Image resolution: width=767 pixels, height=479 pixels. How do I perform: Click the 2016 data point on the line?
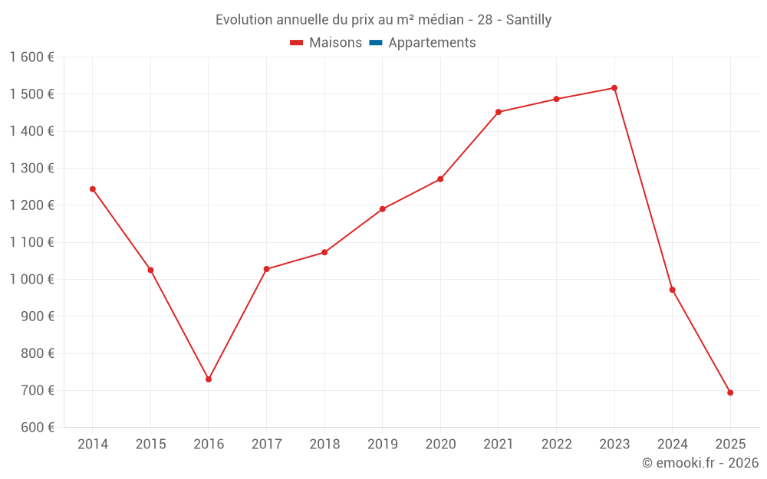coord(209,379)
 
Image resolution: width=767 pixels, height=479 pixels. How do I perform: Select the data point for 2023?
coord(614,88)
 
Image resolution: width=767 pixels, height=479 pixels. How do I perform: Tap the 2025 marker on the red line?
coord(730,392)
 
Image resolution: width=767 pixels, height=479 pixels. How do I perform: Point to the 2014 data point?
coord(93,189)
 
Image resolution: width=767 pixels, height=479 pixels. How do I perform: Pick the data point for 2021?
coord(499,112)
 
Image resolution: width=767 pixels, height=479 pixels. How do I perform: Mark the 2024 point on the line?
coord(673,290)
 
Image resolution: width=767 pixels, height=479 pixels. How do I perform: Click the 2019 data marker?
coord(383,208)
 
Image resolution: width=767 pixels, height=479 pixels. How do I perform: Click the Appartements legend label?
coord(432,43)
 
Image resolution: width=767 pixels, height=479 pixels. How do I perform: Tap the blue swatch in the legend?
coord(376,43)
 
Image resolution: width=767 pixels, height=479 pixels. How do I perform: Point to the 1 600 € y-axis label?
coord(31,57)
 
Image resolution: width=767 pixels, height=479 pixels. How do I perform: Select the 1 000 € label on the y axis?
coord(31,279)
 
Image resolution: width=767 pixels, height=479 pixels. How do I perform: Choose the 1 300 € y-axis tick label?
coord(31,168)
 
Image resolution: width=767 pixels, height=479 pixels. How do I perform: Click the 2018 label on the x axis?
coord(324,444)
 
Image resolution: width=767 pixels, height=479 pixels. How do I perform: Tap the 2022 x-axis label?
coord(556,444)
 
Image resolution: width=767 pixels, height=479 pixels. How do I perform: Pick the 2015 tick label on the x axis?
coord(150,444)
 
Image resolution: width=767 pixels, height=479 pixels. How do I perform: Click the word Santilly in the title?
coord(525,20)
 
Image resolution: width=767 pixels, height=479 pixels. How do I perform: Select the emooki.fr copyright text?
coord(700,463)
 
